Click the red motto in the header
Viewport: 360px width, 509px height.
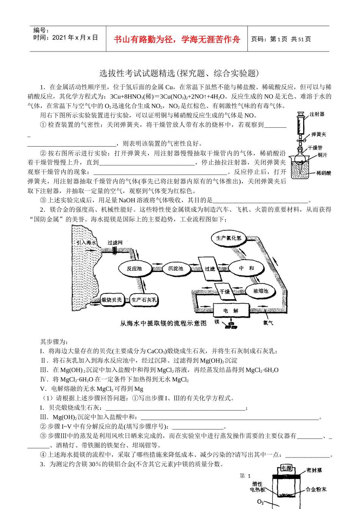177,39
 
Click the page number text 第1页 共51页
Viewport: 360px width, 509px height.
281,39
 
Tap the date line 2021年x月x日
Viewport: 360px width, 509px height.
66,37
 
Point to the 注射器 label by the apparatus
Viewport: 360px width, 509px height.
317,114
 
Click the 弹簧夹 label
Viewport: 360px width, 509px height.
319,134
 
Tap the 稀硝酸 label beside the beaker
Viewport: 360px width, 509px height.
324,173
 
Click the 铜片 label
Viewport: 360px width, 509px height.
322,155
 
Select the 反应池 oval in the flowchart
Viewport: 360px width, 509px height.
134,269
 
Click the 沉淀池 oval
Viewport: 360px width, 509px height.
175,269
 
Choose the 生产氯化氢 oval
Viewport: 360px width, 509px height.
229,238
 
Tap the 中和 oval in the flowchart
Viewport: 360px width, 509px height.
246,268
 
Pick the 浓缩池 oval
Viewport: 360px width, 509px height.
261,291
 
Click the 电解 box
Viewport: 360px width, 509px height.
231,311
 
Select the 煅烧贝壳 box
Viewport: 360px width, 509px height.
111,300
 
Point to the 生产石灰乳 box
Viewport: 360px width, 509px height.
144,300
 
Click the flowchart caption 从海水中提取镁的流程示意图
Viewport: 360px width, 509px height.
163,323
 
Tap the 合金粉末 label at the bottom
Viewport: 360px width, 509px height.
316,490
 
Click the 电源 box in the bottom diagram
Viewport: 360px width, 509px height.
286,468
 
